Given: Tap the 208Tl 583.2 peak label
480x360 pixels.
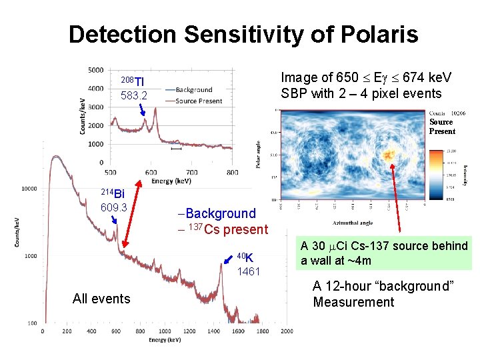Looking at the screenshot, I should [133, 89].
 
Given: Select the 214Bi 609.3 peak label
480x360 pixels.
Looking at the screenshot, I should [113, 201].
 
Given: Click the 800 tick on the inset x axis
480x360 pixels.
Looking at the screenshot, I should [231, 172].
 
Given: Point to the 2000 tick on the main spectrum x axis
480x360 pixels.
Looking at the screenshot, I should [286, 331].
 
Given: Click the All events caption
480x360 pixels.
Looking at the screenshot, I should [101, 299].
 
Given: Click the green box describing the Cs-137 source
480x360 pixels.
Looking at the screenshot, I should [384, 253].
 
